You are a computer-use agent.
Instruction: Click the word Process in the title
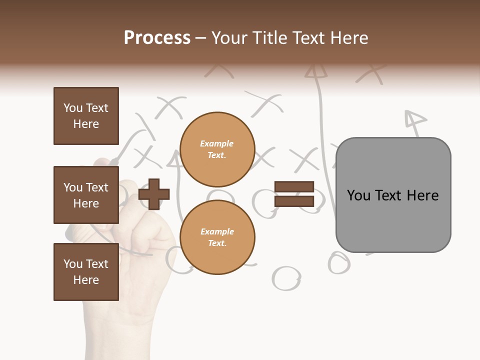coord(157,38)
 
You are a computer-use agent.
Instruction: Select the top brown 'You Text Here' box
coord(86,116)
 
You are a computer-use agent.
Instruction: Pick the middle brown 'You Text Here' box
coord(86,195)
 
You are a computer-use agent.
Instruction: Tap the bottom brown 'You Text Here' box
coord(86,272)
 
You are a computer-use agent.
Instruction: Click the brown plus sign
coord(154,194)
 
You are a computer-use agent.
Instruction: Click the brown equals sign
coord(294,194)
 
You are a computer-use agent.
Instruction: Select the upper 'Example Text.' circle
coord(217,149)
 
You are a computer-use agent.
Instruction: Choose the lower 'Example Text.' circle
coord(217,237)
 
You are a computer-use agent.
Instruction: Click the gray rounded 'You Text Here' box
coord(393,195)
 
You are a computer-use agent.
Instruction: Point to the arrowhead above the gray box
coord(414,119)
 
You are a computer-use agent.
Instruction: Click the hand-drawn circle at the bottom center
coord(286,278)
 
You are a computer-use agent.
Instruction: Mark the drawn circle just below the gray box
coord(339,262)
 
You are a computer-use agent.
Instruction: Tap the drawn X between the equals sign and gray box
coord(305,160)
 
